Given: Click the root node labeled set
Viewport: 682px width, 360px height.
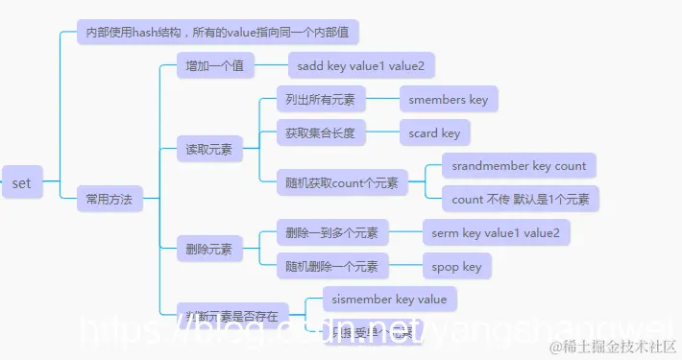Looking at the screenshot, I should [21, 182].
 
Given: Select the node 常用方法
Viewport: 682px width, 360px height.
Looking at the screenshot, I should [109, 200].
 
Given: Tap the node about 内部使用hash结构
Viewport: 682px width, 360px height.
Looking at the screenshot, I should [217, 32].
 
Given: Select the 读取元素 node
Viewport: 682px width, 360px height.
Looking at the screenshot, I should [209, 149].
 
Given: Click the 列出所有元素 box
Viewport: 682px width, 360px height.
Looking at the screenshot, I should [320, 99].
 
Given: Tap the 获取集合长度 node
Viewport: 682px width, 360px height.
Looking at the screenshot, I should [320, 132].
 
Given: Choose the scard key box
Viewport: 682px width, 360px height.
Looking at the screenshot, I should [435, 132].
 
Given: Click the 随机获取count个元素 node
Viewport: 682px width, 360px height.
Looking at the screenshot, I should [342, 182].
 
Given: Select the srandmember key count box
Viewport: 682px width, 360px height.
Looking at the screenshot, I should [519, 166].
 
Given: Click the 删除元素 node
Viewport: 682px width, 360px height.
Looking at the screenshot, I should [209, 249].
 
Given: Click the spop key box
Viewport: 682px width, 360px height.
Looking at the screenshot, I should [457, 266].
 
